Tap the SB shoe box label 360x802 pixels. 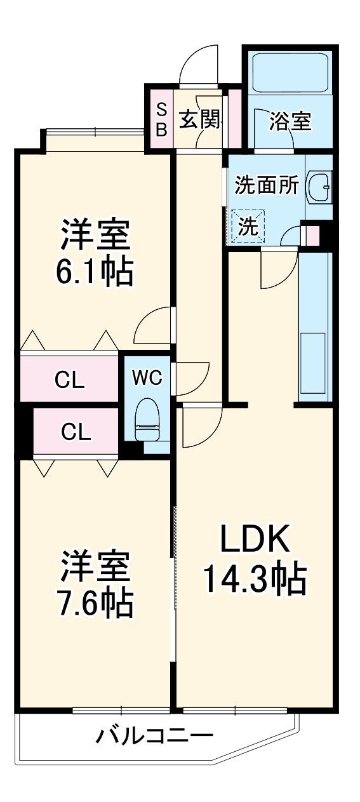pyautogui.click(x=161, y=119)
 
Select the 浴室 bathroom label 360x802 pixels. pyautogui.click(x=290, y=121)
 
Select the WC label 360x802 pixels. pyautogui.click(x=147, y=377)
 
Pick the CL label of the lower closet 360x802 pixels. pyautogui.click(x=76, y=432)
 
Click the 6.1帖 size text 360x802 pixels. pyautogui.click(x=96, y=272)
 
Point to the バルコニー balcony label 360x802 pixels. pyautogui.click(x=154, y=737)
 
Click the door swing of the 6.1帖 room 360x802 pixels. pyautogui.click(x=152, y=324)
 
